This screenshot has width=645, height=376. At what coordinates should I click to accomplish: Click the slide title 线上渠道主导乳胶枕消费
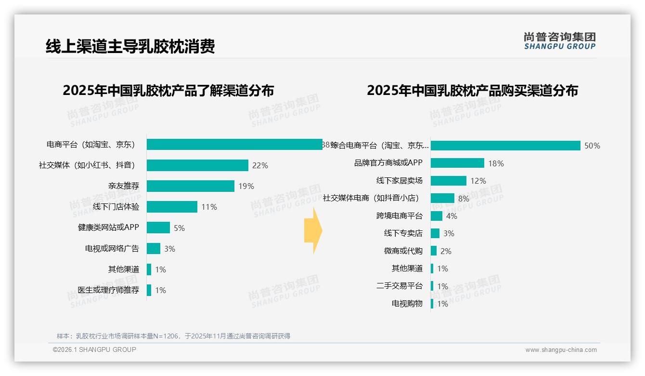(130, 47)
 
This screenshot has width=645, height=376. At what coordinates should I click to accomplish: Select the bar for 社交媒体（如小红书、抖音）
(197, 165)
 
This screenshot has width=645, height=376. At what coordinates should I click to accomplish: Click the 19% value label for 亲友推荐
(245, 186)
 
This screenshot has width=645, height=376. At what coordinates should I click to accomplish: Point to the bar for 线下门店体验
(172, 207)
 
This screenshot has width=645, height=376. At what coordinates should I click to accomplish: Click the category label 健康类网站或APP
(108, 228)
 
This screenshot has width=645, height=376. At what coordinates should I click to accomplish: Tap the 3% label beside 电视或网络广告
(169, 249)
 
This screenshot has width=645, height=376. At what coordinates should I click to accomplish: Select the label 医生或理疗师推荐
(108, 290)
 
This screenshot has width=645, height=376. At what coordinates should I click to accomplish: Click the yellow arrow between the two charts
(313, 231)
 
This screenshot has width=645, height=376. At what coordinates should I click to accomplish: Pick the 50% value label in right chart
(592, 146)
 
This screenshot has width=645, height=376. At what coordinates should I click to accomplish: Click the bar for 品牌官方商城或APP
(457, 163)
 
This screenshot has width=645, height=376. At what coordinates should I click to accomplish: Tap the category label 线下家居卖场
(399, 181)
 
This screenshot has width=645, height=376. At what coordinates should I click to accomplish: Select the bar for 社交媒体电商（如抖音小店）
(442, 198)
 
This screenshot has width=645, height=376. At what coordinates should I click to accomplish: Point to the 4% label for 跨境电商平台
(451, 216)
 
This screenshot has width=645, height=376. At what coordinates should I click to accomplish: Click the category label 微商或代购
(403, 251)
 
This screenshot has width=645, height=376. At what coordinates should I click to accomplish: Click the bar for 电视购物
(432, 304)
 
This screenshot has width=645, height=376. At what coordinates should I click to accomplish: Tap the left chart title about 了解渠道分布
(168, 91)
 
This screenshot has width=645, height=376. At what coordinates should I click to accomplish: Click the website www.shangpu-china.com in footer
(561, 350)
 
